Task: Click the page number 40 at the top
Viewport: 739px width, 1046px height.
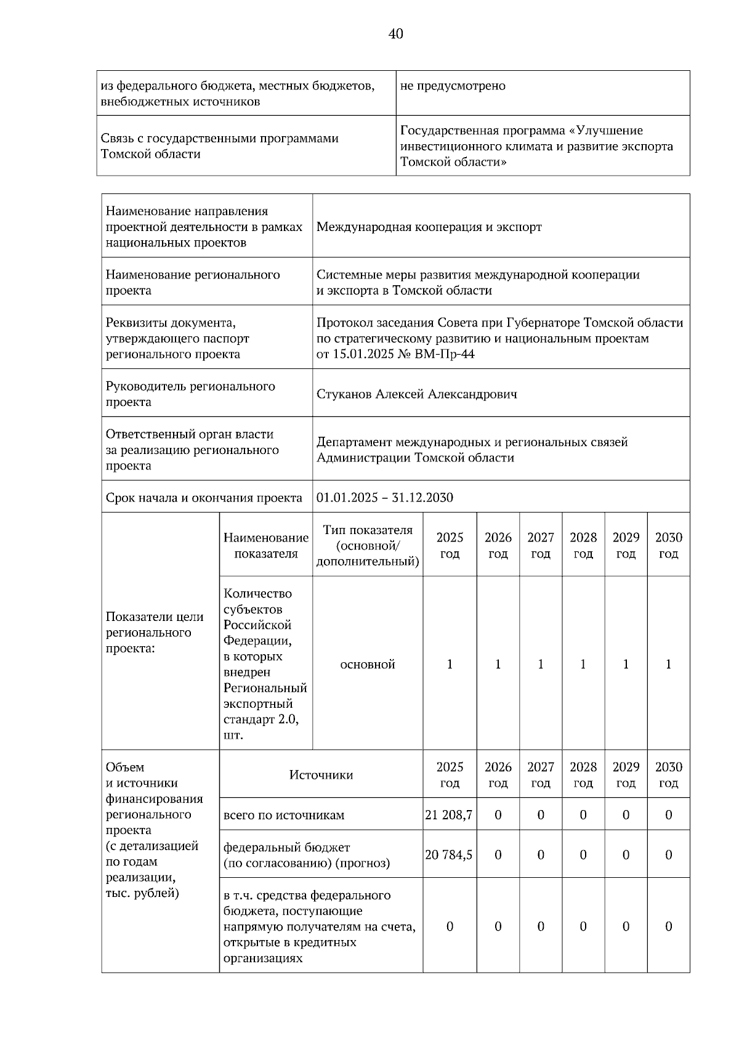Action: tap(395, 34)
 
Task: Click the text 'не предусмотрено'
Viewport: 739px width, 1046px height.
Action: tap(453, 86)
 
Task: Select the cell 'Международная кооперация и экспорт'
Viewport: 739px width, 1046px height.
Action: tap(429, 227)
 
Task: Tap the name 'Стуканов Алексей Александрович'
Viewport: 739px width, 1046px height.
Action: tap(417, 394)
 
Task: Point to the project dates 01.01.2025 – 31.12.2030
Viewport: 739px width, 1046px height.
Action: tap(385, 498)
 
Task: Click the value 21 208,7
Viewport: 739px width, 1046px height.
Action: tap(449, 815)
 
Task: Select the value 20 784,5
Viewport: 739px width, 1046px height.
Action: tap(449, 855)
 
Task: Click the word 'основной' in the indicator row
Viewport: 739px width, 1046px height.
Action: tap(368, 665)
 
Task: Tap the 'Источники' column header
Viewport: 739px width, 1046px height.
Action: tap(321, 775)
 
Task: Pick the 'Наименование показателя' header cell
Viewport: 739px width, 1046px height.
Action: tap(266, 546)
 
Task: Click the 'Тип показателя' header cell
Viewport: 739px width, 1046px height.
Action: tap(368, 546)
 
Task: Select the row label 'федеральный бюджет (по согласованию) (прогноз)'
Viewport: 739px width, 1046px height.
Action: tap(306, 855)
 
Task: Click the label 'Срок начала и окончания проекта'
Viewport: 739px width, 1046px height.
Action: tap(204, 498)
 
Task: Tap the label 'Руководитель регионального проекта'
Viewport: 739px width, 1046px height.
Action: tap(190, 394)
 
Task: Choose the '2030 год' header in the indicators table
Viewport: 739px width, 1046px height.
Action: tap(668, 546)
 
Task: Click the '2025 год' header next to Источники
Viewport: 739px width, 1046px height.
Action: tap(450, 775)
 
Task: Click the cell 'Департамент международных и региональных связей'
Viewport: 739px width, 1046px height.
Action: tap(472, 442)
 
